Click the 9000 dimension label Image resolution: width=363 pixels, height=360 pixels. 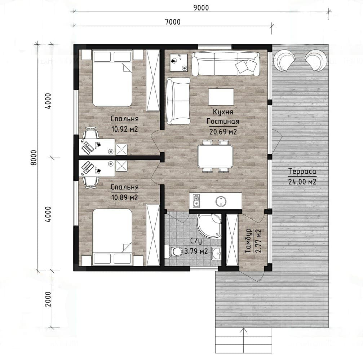[201, 8]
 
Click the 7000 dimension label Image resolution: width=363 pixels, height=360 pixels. [173, 22]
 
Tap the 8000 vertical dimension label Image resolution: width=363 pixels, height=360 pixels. [34, 158]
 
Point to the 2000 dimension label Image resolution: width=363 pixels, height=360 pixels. [48, 299]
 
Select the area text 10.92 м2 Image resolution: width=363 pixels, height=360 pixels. [125, 129]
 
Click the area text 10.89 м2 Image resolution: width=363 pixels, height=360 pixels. [125, 197]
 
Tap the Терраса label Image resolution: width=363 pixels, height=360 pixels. [302, 171]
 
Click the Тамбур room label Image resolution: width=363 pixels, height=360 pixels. [248, 241]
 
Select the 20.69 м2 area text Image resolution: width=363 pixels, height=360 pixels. [223, 132]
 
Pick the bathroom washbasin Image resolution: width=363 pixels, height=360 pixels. [216, 254]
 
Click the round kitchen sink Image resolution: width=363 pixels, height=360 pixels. [221, 201]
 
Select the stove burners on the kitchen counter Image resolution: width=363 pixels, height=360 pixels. [196, 201]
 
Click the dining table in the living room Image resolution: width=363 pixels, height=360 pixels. [215, 156]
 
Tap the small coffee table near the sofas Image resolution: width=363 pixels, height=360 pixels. [221, 97]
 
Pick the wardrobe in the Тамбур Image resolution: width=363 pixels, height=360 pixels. [232, 240]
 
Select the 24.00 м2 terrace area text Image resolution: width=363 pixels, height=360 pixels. [302, 181]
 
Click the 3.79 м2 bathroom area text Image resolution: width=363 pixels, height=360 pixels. [196, 251]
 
